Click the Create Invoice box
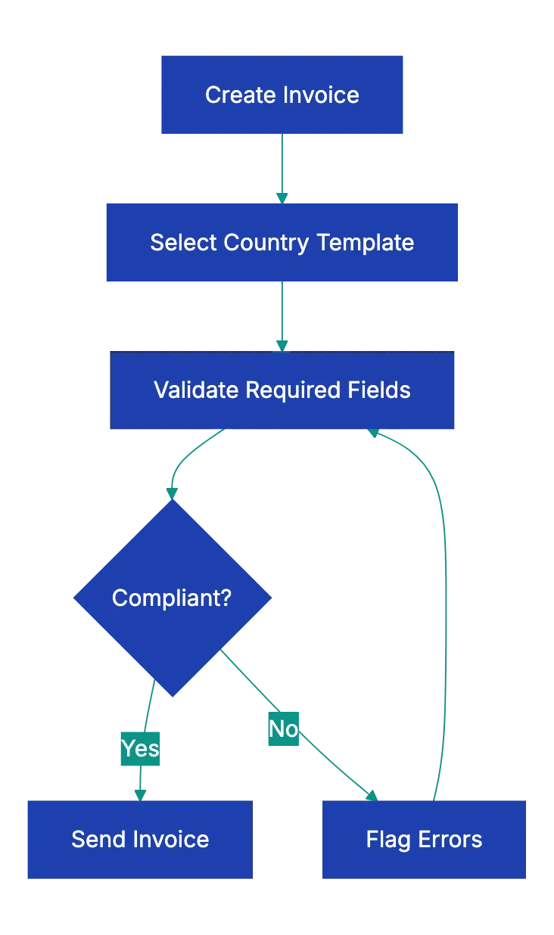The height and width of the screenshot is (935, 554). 282,95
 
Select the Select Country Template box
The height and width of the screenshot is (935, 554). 282,243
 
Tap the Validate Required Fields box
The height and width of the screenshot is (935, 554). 282,390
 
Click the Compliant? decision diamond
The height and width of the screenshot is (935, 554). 172,598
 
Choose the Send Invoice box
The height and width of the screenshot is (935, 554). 140,840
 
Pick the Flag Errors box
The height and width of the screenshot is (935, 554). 424,840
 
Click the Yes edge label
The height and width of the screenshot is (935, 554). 140,748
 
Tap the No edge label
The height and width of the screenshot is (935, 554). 284,728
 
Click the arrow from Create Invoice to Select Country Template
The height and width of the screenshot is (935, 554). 282,168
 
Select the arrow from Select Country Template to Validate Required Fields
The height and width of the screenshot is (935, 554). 282,316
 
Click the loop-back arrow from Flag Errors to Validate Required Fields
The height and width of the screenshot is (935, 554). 441,605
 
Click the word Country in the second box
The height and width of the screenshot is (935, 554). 266,243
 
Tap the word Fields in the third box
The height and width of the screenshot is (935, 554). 379,390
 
